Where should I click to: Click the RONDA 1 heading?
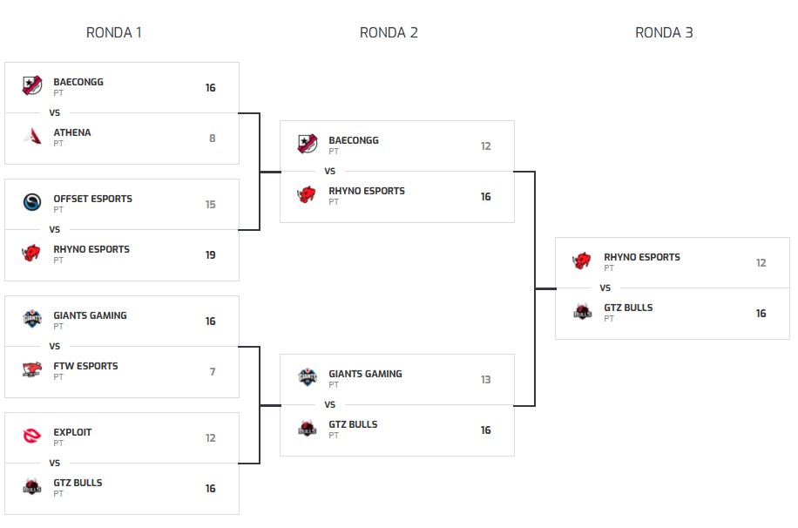[x=113, y=33]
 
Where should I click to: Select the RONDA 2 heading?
[x=389, y=33]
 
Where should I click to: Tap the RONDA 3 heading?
[x=664, y=33]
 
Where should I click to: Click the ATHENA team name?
[x=72, y=132]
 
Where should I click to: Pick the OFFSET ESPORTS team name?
[x=92, y=199]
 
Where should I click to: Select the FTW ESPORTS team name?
[x=85, y=366]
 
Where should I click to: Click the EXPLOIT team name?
[x=72, y=432]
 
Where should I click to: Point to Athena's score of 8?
[x=212, y=139]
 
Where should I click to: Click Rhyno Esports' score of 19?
[x=210, y=255]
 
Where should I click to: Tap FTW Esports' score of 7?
[x=212, y=372]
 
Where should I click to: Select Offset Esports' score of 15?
[x=210, y=205]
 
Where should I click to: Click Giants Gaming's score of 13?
[x=485, y=380]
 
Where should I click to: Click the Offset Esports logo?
[x=32, y=203]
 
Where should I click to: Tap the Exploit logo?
[x=32, y=437]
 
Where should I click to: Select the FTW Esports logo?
[x=32, y=370]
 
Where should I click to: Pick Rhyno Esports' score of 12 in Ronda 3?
[x=761, y=263]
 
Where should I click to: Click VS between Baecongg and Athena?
[x=54, y=112]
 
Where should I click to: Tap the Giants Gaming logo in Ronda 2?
[x=308, y=377]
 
